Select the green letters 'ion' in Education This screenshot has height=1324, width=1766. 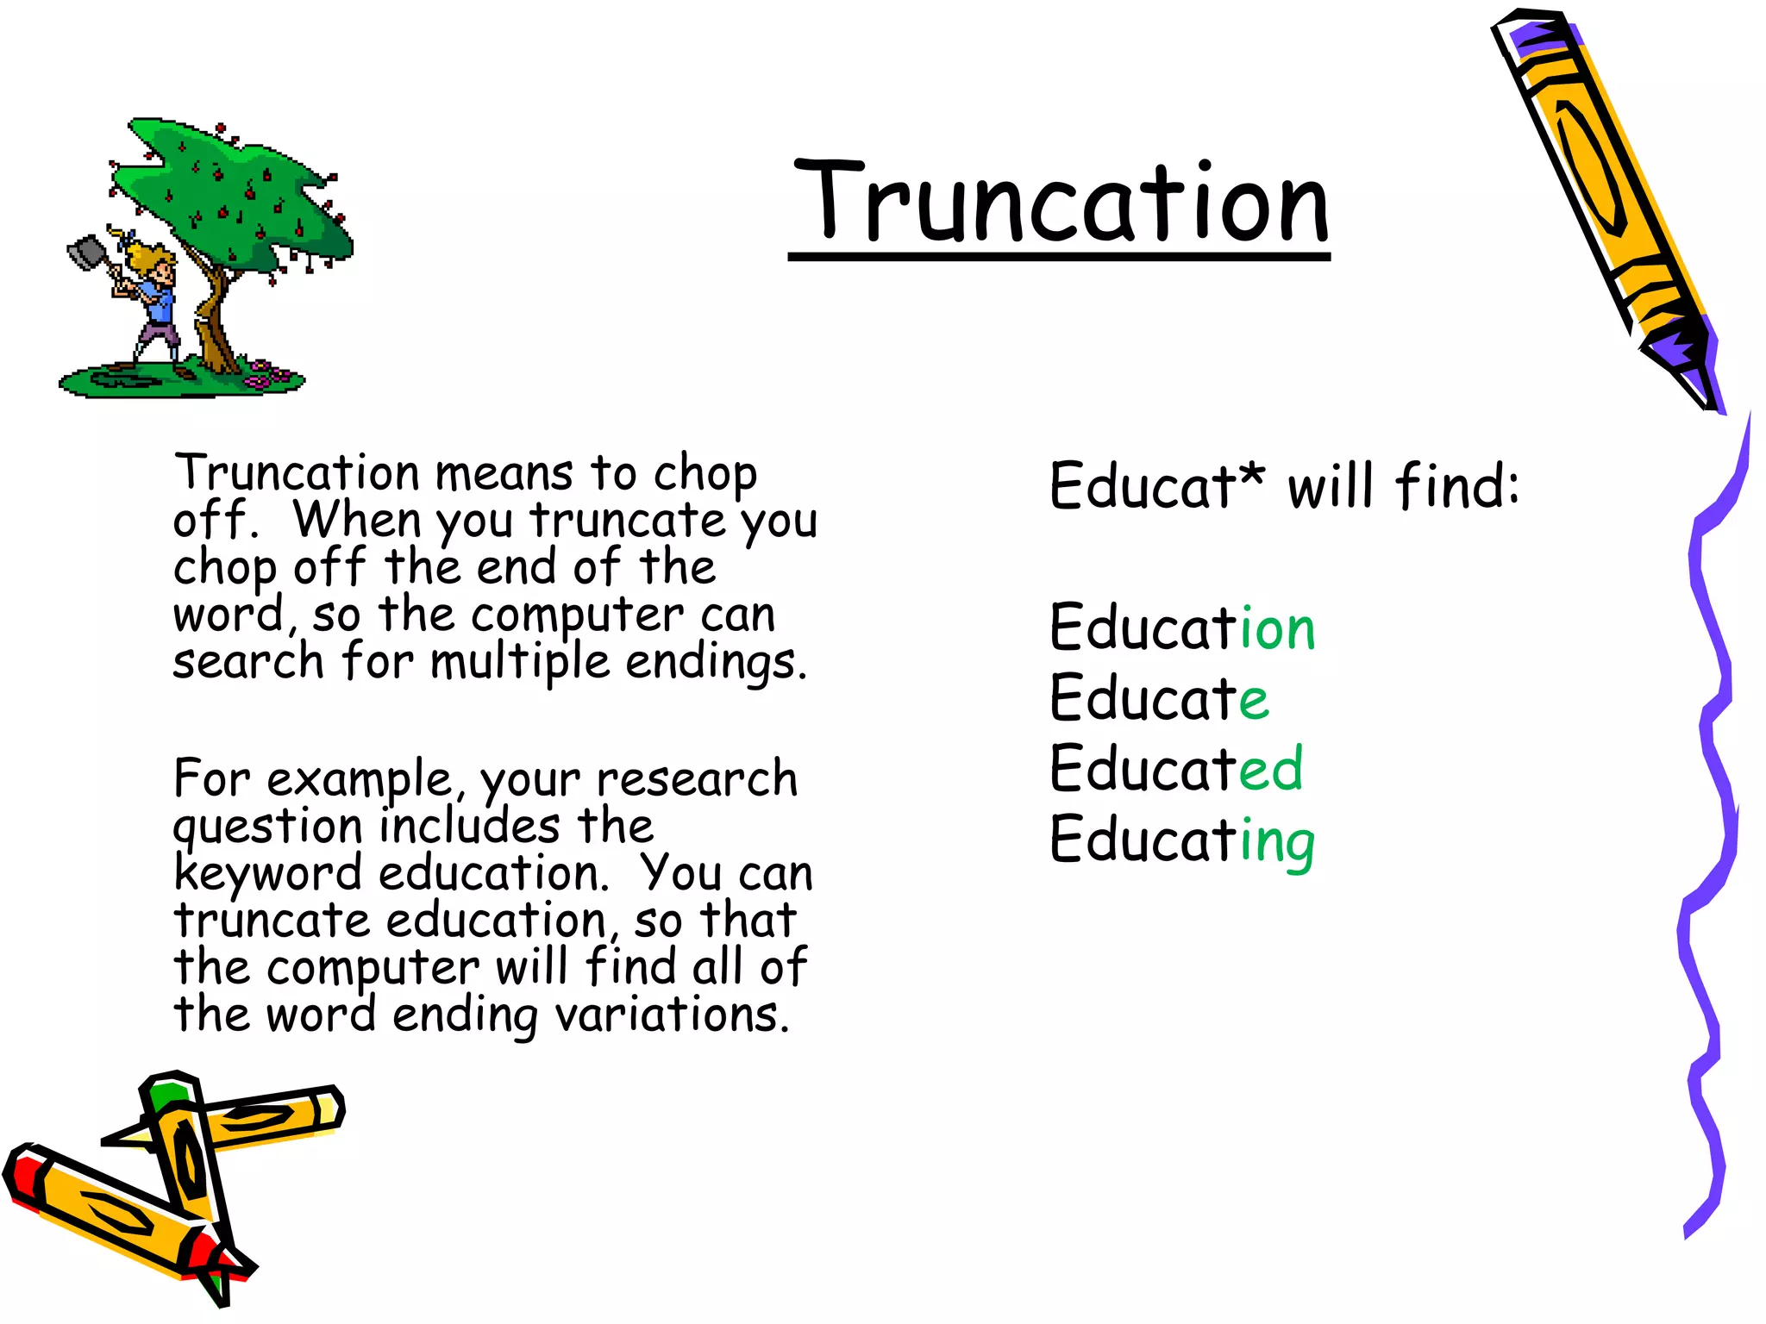[1277, 628]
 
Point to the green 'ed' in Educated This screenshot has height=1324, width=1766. [1271, 768]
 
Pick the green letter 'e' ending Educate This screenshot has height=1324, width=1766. [1255, 699]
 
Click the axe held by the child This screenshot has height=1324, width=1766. [86, 252]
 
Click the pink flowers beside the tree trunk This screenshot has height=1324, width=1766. [267, 375]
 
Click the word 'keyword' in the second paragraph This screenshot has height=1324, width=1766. [267, 874]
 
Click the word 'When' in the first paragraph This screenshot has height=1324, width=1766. [358, 520]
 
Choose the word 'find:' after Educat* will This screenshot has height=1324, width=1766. [1457, 485]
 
